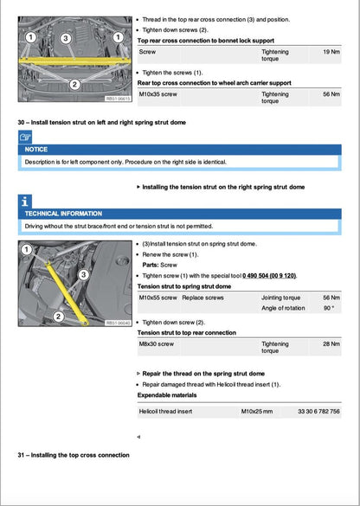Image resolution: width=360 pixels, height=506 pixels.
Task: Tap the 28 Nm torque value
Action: click(331, 343)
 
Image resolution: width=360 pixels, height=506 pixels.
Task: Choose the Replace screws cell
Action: click(202, 297)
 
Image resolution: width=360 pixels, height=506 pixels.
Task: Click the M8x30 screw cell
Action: click(157, 343)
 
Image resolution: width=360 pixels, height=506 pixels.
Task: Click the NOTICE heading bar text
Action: click(37, 149)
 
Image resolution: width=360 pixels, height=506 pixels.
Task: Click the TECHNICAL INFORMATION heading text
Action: click(63, 213)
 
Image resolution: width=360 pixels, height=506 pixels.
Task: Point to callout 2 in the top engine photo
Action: click(74, 84)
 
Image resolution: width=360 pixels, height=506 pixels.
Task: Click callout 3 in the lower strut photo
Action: click(82, 274)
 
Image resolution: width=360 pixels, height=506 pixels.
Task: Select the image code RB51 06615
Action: click(119, 99)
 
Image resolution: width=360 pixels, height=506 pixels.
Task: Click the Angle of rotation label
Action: click(284, 308)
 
